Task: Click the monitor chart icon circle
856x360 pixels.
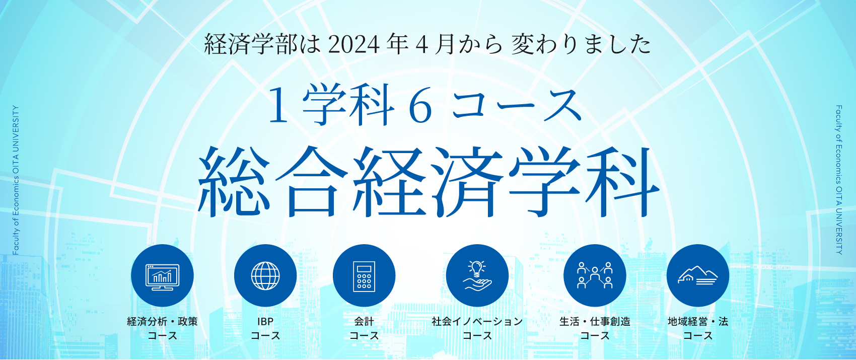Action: [x=162, y=275]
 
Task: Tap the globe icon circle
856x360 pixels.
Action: [x=265, y=275]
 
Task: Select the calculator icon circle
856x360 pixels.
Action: [x=364, y=275]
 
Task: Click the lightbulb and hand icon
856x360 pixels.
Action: [x=477, y=275]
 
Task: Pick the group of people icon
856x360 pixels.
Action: [x=595, y=275]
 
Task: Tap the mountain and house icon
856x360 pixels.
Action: [x=698, y=275]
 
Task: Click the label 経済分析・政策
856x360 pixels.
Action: [x=163, y=321]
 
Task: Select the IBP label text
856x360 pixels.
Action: [x=265, y=322]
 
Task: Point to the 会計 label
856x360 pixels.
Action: [x=364, y=321]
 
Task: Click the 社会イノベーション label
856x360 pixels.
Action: [x=477, y=321]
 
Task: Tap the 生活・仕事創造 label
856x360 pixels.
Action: [x=595, y=321]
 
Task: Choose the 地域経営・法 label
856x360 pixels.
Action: [x=698, y=321]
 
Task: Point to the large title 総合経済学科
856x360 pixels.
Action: [x=428, y=182]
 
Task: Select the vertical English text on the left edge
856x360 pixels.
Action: [x=16, y=180]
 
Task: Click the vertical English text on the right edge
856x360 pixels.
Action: [x=839, y=180]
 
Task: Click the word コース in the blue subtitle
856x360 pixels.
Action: [x=516, y=106]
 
